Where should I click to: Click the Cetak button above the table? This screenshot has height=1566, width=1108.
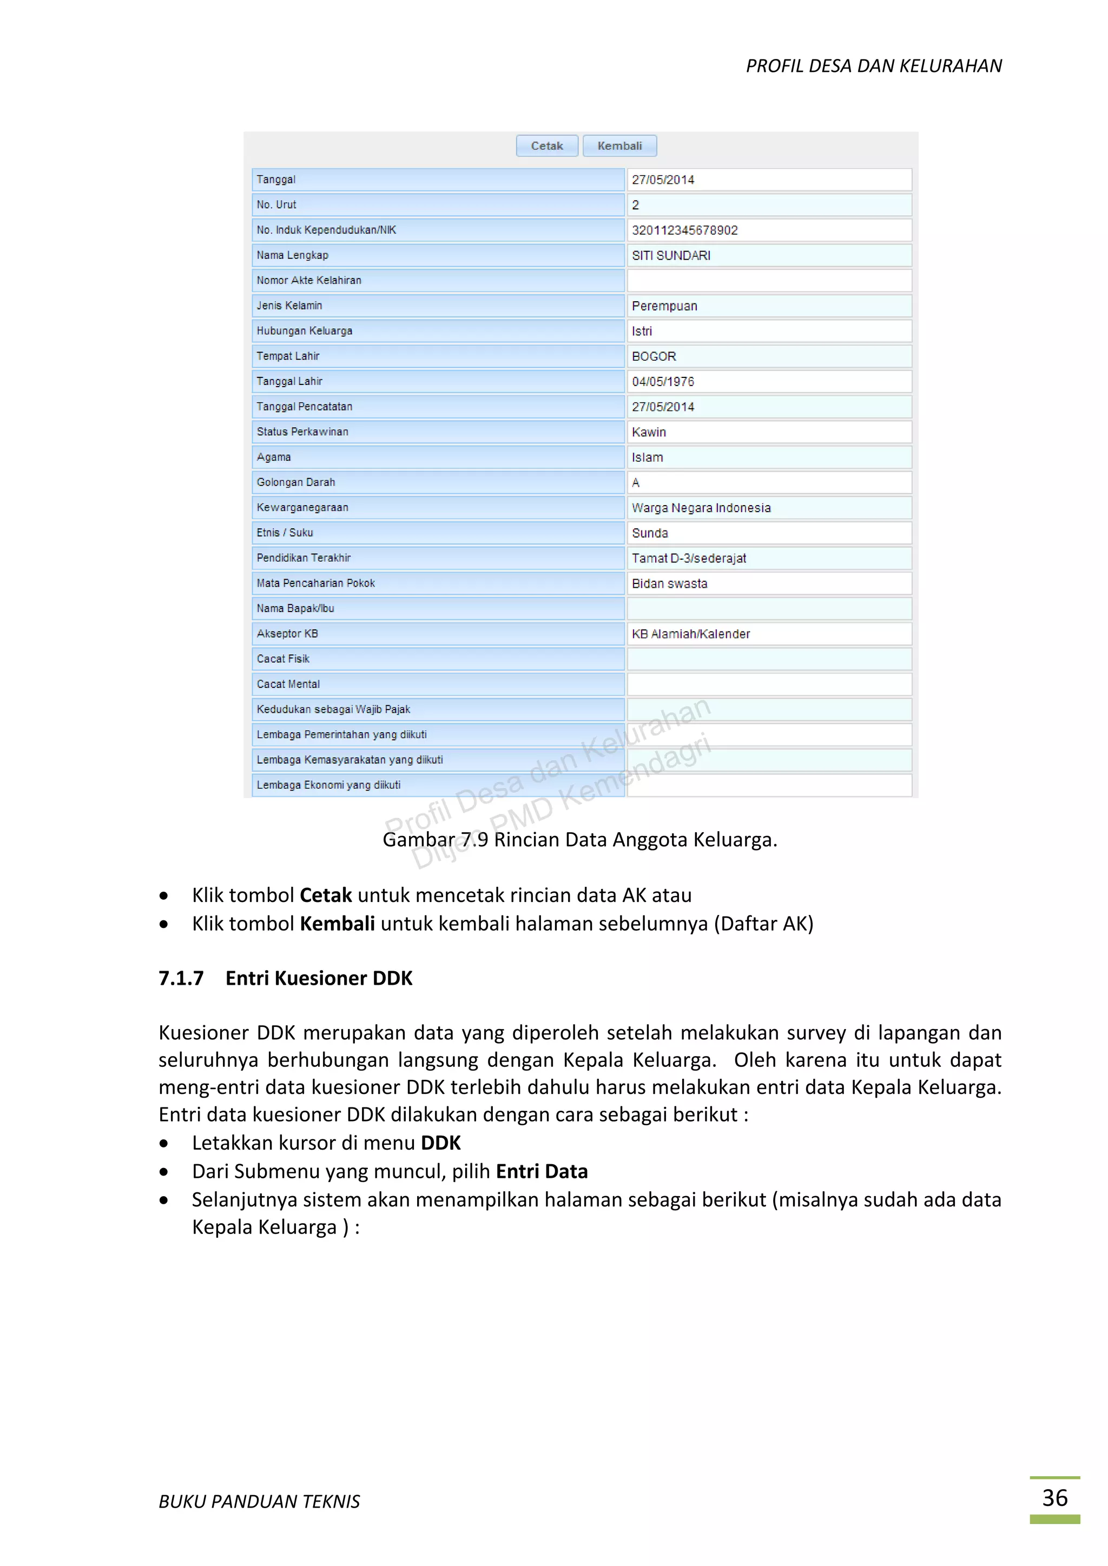(x=547, y=146)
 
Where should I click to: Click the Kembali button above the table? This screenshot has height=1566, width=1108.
(x=619, y=146)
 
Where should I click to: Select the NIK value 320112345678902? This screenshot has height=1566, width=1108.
(x=684, y=230)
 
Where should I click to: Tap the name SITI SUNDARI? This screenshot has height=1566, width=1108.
(x=671, y=256)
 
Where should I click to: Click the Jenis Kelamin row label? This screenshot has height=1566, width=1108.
(x=289, y=306)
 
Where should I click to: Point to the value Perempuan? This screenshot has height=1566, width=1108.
(x=664, y=306)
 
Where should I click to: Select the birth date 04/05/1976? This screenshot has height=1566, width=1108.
(x=663, y=382)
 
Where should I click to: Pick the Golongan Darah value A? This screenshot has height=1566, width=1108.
(x=636, y=483)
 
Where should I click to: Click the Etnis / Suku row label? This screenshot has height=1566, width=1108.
(x=285, y=533)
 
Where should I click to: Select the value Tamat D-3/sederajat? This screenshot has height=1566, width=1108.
(x=688, y=559)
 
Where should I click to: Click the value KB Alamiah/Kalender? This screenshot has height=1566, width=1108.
(x=690, y=634)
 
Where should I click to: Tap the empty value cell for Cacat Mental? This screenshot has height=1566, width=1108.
(x=769, y=684)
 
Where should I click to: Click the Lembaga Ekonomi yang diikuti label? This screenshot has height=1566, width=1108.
(x=328, y=785)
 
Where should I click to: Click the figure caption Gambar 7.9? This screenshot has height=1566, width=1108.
(x=579, y=840)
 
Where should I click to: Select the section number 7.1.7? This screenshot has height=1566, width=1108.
(x=181, y=978)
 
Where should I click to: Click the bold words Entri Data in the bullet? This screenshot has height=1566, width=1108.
(x=541, y=1171)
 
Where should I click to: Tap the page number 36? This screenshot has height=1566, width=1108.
(x=1054, y=1498)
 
